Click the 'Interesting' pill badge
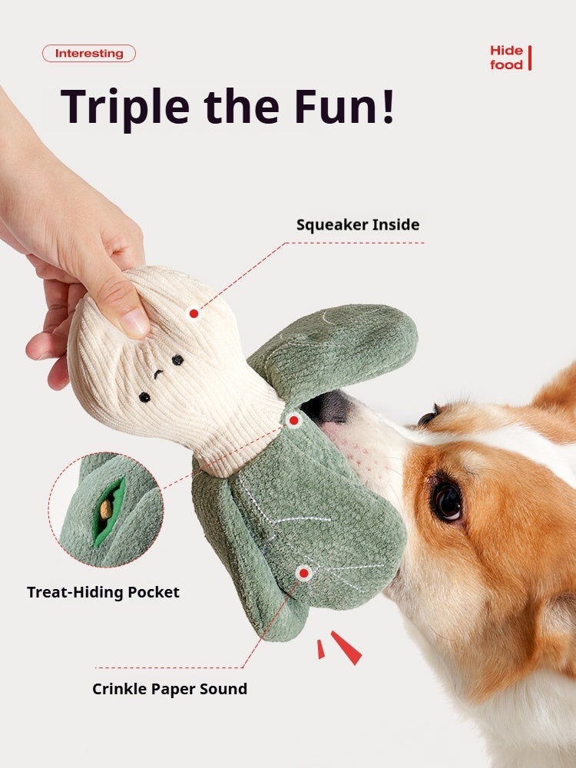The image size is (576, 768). point(89,54)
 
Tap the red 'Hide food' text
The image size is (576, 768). point(506,58)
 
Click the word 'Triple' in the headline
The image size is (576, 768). point(122,105)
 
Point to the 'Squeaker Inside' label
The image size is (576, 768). point(358,225)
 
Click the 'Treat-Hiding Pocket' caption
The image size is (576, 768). point(103,592)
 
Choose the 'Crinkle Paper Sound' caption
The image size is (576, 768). point(170,689)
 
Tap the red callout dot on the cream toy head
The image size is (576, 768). point(194,313)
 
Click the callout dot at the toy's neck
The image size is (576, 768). point(293,420)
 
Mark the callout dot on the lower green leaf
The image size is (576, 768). point(304,573)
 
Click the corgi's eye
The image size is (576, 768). point(447,500)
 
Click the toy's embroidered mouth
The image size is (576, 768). point(158,376)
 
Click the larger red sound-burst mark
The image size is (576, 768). point(346,647)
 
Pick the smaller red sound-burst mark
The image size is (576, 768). point(320,650)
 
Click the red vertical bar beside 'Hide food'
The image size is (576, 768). point(530,58)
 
